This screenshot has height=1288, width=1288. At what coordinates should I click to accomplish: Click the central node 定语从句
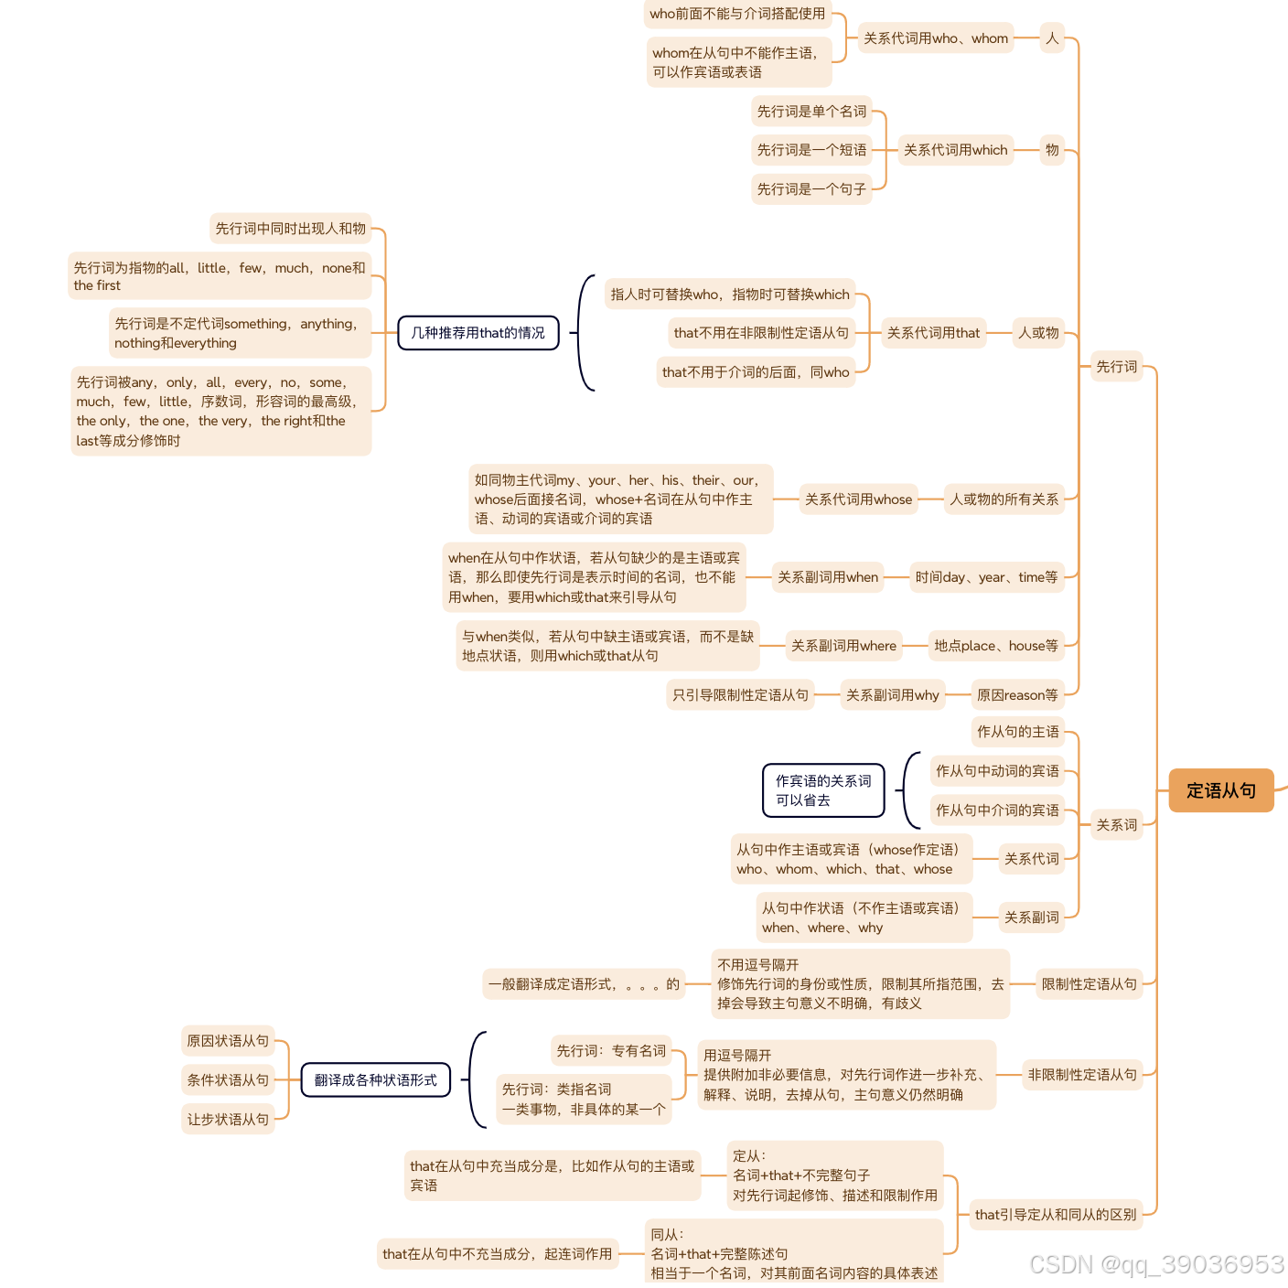1221,790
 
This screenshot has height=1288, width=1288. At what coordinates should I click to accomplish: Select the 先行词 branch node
1116,367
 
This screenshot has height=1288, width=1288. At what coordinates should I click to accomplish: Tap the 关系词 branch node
1116,825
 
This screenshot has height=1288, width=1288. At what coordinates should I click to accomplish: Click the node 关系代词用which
955,150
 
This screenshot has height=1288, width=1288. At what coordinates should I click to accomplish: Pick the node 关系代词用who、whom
936,38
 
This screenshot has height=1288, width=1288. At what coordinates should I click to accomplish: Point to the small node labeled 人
1052,38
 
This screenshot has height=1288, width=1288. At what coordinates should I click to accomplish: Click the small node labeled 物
1052,150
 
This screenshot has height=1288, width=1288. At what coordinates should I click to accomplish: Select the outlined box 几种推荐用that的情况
478,333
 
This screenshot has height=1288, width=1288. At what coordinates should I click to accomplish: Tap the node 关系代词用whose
858,499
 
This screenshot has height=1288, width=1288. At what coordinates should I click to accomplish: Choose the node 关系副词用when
828,577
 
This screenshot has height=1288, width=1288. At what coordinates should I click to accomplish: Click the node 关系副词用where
843,646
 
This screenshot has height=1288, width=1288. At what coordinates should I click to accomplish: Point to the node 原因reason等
1017,695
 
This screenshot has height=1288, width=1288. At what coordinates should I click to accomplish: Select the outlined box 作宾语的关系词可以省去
823,790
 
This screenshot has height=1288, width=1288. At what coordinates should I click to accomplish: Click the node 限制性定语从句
1089,984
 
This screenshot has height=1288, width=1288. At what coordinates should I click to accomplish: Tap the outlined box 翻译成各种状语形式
376,1080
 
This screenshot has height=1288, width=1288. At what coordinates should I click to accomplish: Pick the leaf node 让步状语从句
228,1120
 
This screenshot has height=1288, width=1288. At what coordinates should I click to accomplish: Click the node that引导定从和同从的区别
1056,1215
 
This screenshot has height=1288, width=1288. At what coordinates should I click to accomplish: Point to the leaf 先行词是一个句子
811,189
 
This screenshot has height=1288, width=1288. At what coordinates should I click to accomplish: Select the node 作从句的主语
1017,732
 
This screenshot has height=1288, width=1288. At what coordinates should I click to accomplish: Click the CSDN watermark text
1156,1265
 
